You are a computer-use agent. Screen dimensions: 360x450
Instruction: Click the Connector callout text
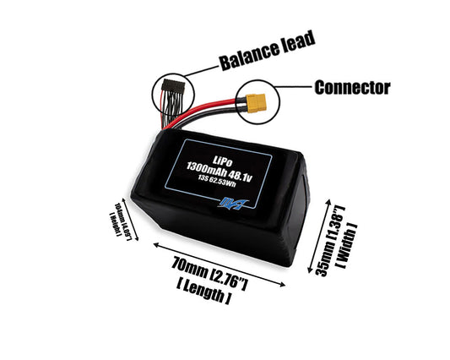(x=350, y=87)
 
